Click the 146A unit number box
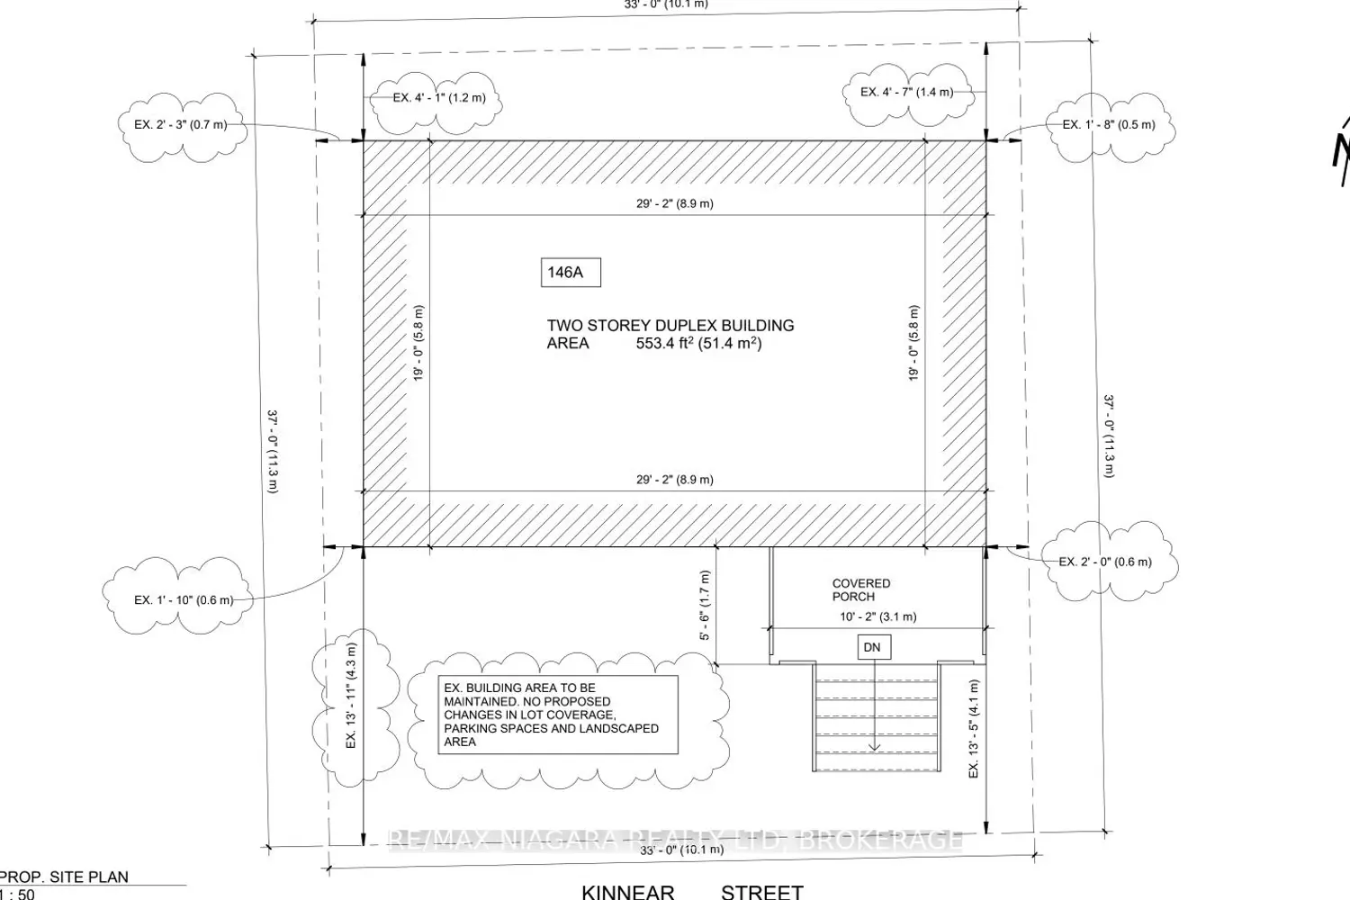click(571, 273)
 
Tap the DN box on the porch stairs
click(874, 647)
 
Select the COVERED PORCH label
click(861, 590)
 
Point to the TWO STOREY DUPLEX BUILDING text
click(670, 326)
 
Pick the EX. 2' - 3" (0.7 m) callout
click(181, 125)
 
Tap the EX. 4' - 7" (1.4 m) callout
click(907, 92)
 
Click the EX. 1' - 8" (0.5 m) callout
click(1109, 125)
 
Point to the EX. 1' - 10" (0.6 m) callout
click(184, 600)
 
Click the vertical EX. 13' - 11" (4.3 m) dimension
click(351, 696)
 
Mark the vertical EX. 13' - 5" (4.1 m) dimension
click(973, 729)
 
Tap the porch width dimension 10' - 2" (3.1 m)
click(878, 616)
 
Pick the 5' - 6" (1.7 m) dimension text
click(705, 605)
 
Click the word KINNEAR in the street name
click(628, 892)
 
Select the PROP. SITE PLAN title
click(64, 877)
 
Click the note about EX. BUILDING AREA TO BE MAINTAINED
click(558, 715)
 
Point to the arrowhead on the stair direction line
click(874, 748)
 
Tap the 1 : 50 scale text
click(17, 894)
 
